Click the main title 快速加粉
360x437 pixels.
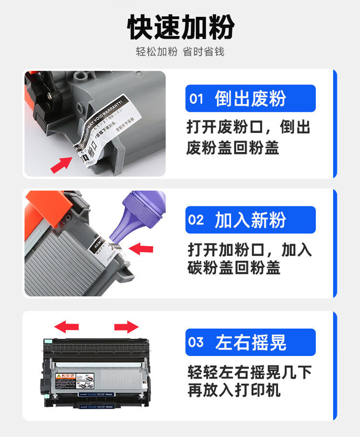click(x=180, y=27)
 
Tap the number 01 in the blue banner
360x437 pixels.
click(x=197, y=99)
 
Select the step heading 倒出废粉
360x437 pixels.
click(x=250, y=98)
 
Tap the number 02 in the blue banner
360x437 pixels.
click(x=196, y=220)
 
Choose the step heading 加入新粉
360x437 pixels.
click(x=250, y=220)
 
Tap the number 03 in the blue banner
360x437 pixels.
click(x=196, y=343)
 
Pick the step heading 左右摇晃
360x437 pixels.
click(x=250, y=343)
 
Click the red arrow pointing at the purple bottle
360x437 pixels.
click(x=142, y=249)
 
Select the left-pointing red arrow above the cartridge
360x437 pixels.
click(x=67, y=327)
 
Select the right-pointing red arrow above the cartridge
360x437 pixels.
click(x=126, y=327)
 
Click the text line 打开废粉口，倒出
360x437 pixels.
click(x=249, y=127)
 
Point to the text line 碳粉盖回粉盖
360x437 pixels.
click(x=234, y=268)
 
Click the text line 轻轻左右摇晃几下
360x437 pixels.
click(x=250, y=371)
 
